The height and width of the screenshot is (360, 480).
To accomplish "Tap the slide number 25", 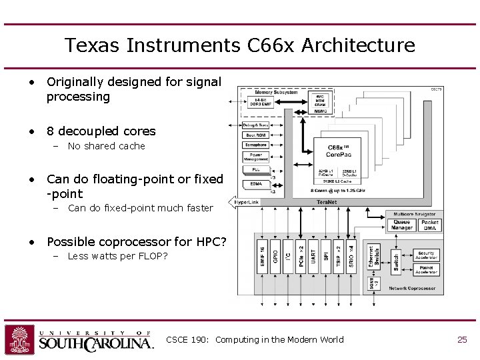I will (x=462, y=340).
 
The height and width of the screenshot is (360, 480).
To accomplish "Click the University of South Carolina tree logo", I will (x=19, y=339).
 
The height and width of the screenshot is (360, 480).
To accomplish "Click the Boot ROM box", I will (x=256, y=135).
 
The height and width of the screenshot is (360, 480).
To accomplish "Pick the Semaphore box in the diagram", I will (x=256, y=145).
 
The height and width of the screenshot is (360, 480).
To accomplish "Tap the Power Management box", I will (x=256, y=157).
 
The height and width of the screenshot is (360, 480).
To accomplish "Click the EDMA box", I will (x=256, y=183).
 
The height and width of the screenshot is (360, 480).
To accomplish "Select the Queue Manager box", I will (x=402, y=225).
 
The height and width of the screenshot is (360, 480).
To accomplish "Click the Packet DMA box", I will (x=430, y=225).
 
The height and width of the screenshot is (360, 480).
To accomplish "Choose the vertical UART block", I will (x=313, y=254).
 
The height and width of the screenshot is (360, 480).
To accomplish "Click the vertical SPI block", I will (x=326, y=254).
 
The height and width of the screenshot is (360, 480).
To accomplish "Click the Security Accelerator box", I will (x=426, y=255).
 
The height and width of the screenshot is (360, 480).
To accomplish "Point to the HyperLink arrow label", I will (x=246, y=202).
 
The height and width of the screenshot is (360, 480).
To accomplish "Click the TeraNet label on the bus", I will (x=326, y=202).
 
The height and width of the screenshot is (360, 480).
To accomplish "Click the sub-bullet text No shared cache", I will (x=106, y=146).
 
